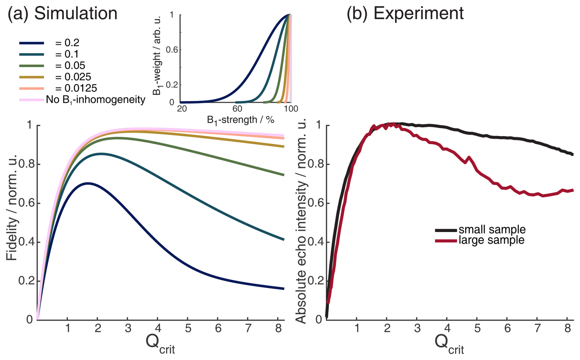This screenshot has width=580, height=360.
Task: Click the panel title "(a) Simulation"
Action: point(63,13)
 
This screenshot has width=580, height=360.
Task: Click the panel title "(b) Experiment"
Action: point(405,13)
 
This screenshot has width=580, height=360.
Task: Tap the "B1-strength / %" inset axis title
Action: point(240,120)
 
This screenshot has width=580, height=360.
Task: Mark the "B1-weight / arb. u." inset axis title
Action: point(157,55)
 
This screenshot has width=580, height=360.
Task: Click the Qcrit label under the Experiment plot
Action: point(449,343)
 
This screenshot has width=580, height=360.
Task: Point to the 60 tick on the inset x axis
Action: point(237,109)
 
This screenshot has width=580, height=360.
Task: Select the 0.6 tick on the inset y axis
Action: point(172,50)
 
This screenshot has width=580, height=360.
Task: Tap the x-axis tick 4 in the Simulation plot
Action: point(158,328)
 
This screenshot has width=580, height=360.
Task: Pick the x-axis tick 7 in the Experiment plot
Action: point(537,328)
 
